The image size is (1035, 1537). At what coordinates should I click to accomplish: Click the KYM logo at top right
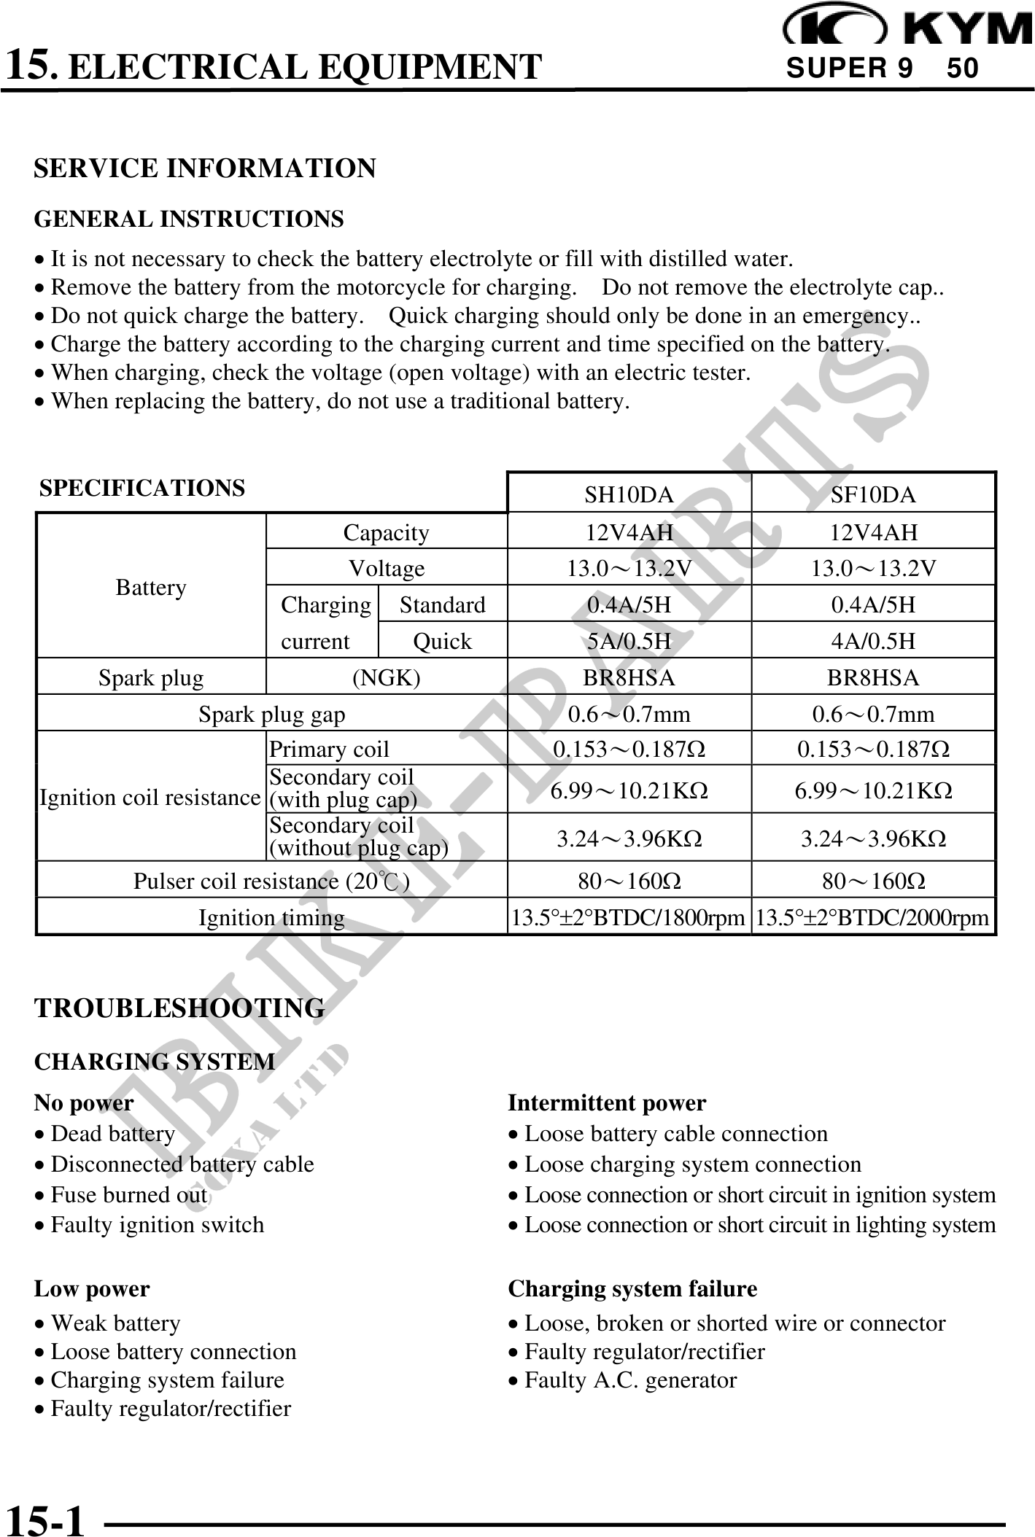point(908,26)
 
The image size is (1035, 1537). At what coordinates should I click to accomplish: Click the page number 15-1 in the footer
point(45,1518)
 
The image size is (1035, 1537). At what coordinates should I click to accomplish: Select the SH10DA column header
point(629,495)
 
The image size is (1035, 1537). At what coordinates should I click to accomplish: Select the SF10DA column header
point(873,495)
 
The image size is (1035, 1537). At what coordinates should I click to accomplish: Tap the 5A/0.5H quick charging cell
point(629,641)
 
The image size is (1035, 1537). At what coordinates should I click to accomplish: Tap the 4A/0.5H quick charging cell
point(873,641)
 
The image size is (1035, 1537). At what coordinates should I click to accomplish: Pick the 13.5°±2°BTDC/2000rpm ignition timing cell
point(873,917)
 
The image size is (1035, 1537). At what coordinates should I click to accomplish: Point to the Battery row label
point(151,587)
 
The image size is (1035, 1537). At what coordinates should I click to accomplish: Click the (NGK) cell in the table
point(386,677)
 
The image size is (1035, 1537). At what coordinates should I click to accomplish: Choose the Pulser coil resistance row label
point(271,881)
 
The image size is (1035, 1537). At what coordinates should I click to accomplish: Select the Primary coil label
point(329,749)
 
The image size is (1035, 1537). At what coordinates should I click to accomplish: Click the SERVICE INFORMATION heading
point(205,168)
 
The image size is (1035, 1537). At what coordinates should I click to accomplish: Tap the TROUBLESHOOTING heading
point(179,1008)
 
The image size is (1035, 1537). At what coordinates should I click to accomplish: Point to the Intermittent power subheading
point(607,1102)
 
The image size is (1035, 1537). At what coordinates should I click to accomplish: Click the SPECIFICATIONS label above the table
point(142,488)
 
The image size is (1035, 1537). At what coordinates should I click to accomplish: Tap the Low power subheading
point(92,1288)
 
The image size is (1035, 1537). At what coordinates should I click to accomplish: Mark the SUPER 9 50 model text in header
point(883,69)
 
